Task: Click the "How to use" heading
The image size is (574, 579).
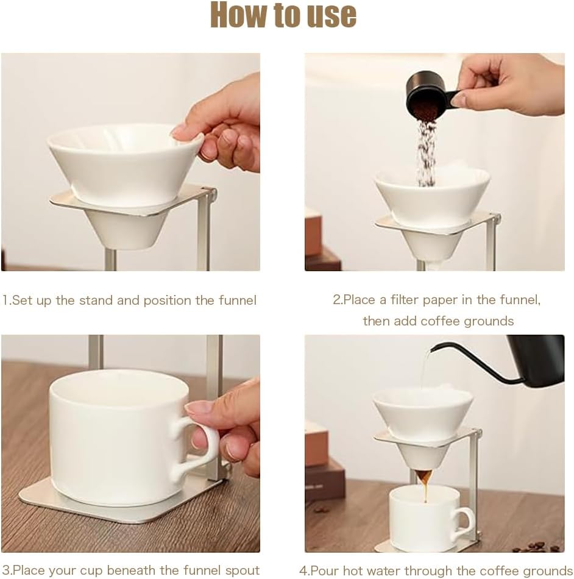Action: [283, 16]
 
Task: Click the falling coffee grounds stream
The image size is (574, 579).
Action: [425, 152]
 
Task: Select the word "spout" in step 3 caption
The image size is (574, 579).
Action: [242, 570]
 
